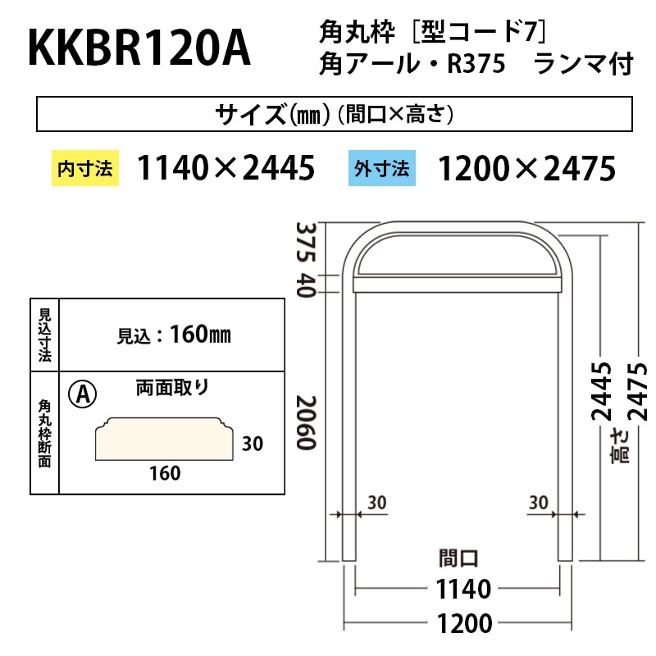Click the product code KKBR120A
(139, 49)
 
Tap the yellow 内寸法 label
(85, 169)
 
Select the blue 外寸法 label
(381, 169)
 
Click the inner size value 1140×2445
(226, 169)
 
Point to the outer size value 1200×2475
(526, 169)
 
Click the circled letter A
(83, 394)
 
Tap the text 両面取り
(172, 388)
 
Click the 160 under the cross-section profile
(165, 473)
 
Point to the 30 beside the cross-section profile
(252, 444)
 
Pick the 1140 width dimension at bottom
(458, 589)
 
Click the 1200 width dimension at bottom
(458, 622)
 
